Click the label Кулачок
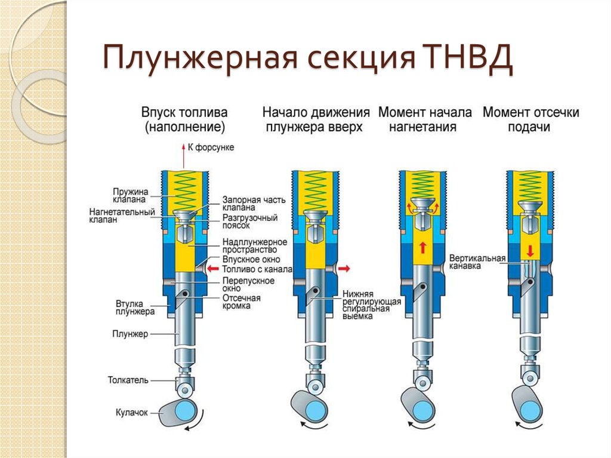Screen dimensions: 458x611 (x=131, y=411)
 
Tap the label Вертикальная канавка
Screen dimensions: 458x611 (x=477, y=263)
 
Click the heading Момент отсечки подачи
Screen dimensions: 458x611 (x=530, y=119)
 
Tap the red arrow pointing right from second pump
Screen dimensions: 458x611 (x=344, y=269)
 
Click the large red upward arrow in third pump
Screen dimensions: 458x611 (x=422, y=246)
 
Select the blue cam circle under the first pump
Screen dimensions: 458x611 (x=187, y=411)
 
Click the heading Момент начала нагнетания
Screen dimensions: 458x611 (x=425, y=119)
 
